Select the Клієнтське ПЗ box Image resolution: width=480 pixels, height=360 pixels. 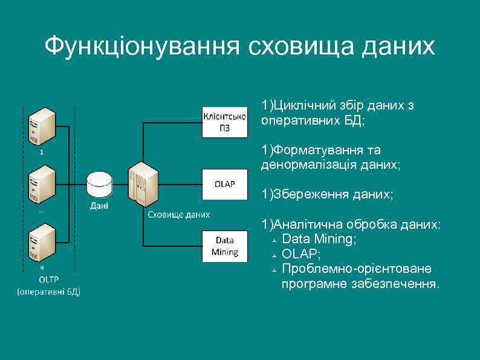[224, 122]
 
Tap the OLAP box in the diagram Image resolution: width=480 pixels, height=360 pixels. [224, 184]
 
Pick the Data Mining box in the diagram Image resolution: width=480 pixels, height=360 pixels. [224, 246]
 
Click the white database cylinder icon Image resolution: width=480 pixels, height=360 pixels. [99, 184]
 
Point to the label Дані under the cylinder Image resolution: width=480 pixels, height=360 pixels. [99, 206]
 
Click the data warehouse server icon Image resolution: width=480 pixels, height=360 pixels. [143, 184]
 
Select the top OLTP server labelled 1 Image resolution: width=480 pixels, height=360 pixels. [42, 125]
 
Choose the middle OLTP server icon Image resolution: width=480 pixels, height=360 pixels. [42, 184]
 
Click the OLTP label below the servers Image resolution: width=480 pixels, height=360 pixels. [48, 280]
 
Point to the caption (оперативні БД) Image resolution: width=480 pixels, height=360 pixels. [48, 292]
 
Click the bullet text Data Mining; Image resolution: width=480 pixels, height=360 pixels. [319, 240]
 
